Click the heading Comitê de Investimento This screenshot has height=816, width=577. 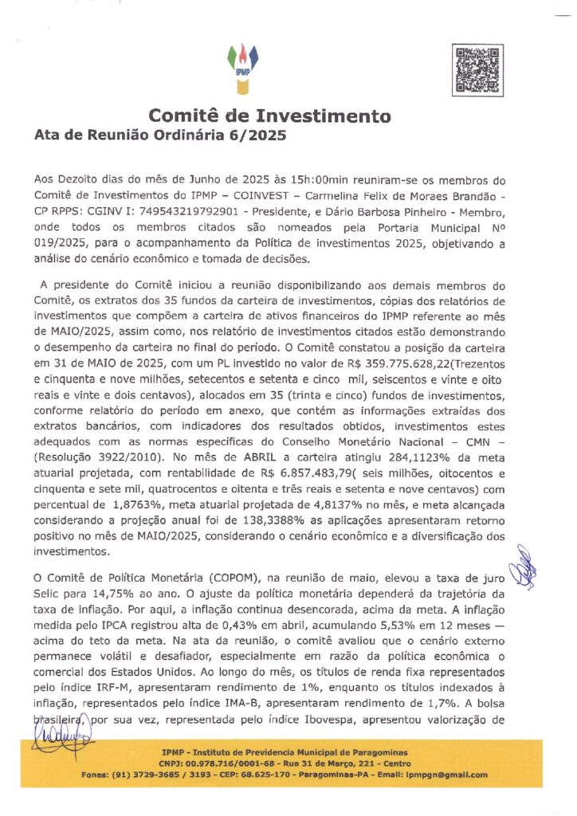269,116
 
